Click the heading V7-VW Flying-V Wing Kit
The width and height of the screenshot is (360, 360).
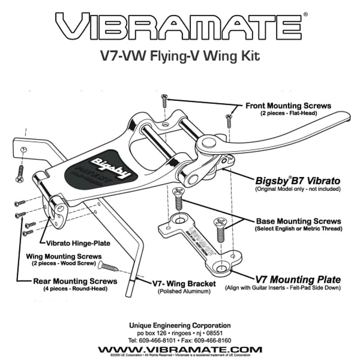pyautogui.click(x=180, y=57)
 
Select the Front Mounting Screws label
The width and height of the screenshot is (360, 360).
pyautogui.click(x=288, y=106)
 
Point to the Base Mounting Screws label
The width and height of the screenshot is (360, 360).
pyautogui.click(x=298, y=221)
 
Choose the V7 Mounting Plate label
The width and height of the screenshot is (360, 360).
pyautogui.click(x=298, y=279)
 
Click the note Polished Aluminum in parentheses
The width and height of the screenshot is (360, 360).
pyautogui.click(x=184, y=292)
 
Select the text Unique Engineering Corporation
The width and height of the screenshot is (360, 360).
pyautogui.click(x=180, y=325)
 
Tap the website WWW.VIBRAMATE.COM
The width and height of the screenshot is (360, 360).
pyautogui.click(x=180, y=349)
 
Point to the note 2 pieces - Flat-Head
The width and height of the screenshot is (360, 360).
pyautogui.click(x=288, y=113)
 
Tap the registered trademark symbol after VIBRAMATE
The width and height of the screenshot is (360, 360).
pyautogui.click(x=306, y=14)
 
